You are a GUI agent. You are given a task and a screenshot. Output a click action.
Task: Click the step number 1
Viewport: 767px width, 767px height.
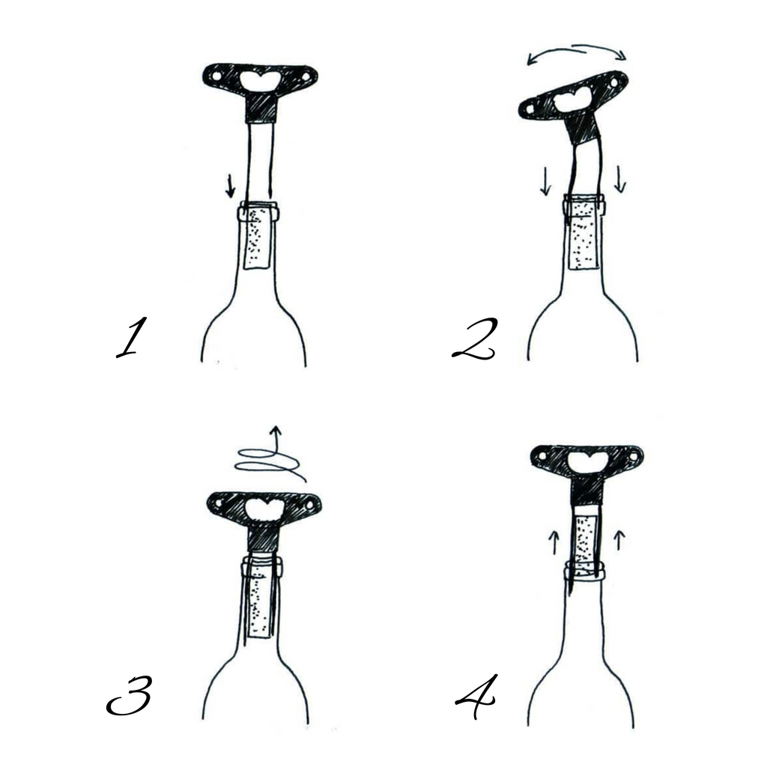pos(131,337)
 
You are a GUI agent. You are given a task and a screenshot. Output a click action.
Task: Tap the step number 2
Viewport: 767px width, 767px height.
pos(474,339)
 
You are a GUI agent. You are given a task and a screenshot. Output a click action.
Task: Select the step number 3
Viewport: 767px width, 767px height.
pos(129,695)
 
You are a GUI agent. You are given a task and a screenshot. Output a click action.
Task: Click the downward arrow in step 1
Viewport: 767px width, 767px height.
pos(230,187)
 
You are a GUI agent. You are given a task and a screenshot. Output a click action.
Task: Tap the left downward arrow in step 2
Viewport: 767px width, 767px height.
pos(545,181)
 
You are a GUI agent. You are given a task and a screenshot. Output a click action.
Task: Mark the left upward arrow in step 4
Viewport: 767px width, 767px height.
pos(554,542)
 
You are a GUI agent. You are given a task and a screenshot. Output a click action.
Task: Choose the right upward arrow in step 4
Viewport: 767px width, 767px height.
pos(619,540)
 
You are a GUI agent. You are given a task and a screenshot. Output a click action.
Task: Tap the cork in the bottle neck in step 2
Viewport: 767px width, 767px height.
pos(584,234)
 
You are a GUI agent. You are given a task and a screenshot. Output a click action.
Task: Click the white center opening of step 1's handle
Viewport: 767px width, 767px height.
pos(260,81)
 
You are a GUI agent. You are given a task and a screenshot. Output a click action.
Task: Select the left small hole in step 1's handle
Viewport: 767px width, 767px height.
pos(216,76)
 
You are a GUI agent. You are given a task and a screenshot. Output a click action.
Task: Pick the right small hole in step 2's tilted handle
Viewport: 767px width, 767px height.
pos(613,83)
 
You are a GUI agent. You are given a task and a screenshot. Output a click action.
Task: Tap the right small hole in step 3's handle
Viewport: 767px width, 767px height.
pos(309,504)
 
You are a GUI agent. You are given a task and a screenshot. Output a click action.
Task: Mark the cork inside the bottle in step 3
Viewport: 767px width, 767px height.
pos(260,601)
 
